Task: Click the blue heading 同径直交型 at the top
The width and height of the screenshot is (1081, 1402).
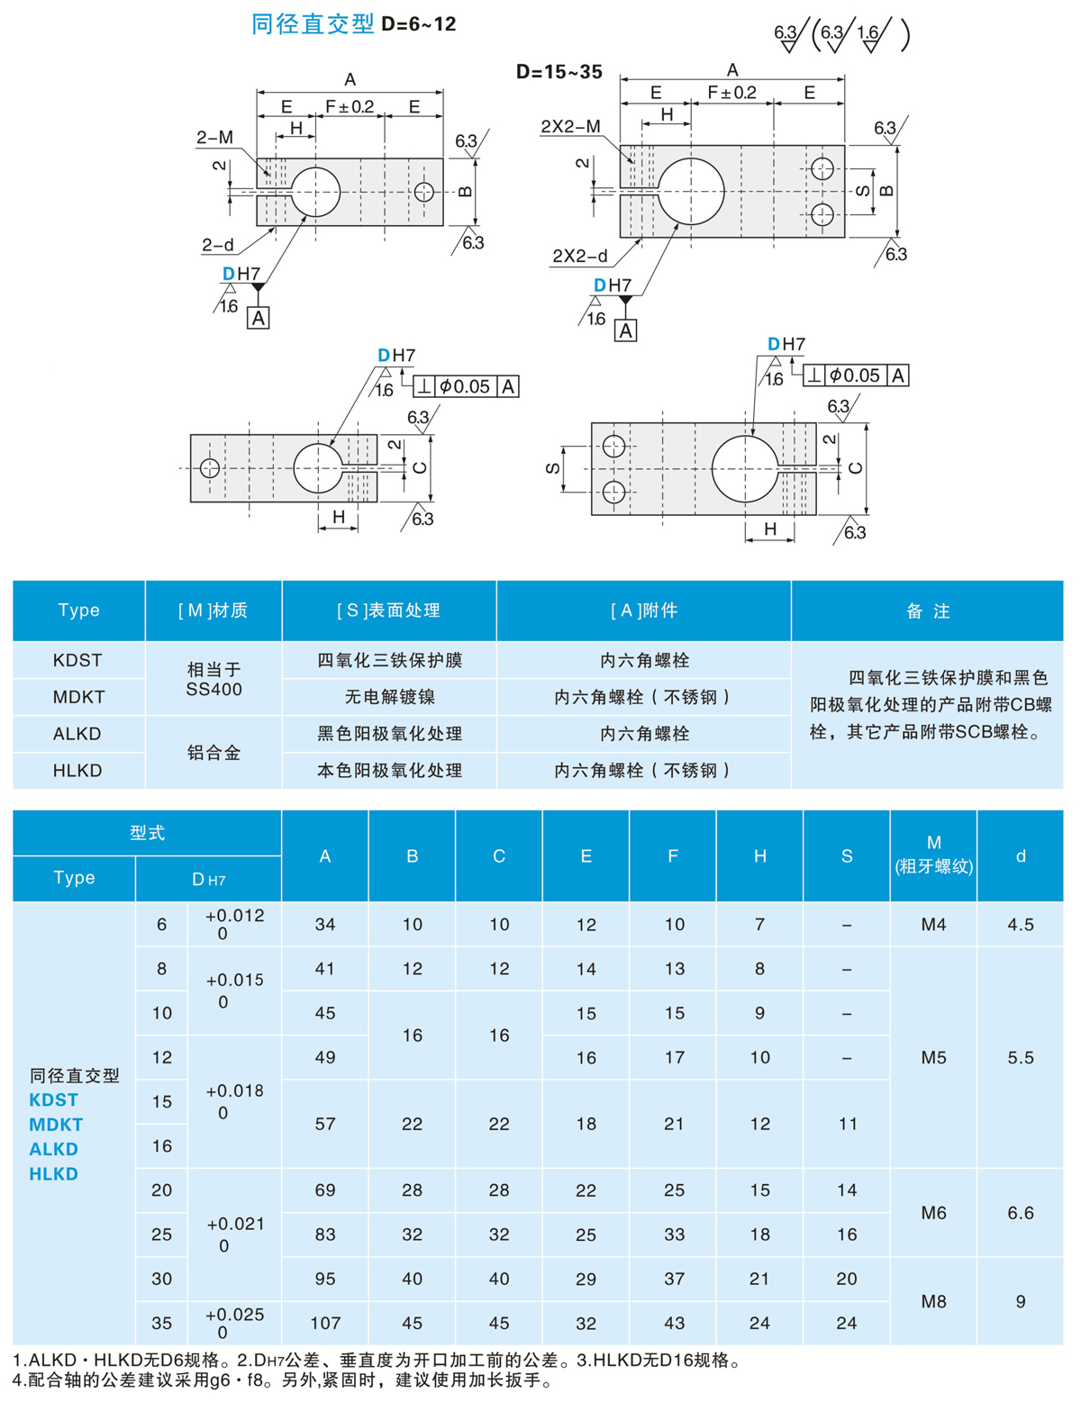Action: tap(313, 24)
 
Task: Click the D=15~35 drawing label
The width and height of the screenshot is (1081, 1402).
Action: tap(559, 72)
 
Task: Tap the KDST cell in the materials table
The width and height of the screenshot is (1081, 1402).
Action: tap(78, 660)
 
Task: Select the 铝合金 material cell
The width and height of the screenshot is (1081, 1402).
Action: tap(213, 752)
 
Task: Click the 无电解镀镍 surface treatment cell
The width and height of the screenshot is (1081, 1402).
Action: tap(389, 697)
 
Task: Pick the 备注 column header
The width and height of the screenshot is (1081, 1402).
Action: tap(927, 611)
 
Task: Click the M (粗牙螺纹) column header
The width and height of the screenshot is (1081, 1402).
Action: tap(933, 855)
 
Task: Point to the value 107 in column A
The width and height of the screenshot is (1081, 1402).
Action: tap(325, 1323)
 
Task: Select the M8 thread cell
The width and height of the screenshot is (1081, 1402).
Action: tap(933, 1301)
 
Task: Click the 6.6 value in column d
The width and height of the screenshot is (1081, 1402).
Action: tap(1021, 1212)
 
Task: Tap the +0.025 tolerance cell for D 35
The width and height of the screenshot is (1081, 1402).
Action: tap(234, 1323)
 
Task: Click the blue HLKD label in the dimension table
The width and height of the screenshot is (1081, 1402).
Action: tap(53, 1173)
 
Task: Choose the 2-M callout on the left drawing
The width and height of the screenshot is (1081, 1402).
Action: tap(215, 138)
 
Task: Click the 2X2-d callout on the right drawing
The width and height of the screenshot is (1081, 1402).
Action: tap(579, 256)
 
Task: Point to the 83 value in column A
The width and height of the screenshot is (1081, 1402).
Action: tap(325, 1235)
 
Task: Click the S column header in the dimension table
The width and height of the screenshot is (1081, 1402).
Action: tap(847, 855)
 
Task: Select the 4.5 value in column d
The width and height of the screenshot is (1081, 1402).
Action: tap(1021, 924)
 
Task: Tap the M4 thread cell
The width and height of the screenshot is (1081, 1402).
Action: tap(933, 924)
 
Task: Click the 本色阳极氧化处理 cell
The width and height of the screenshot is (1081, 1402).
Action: tap(389, 770)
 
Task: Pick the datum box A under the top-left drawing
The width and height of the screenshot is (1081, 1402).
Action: tap(259, 318)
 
